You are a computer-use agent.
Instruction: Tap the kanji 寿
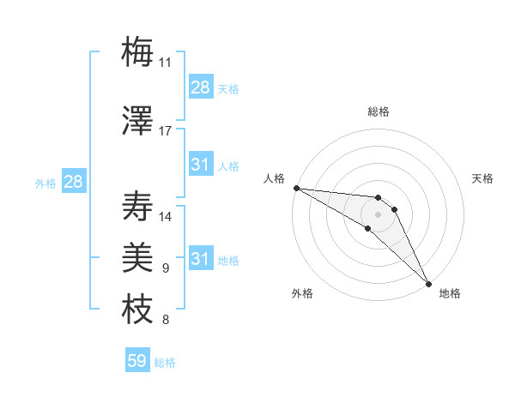pyautogui.click(x=137, y=207)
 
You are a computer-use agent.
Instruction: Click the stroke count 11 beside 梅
pyautogui.click(x=166, y=63)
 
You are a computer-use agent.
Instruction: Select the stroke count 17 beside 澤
pyautogui.click(x=166, y=131)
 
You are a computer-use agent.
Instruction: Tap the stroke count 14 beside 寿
pyautogui.click(x=166, y=217)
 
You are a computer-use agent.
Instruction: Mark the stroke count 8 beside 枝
pyautogui.click(x=166, y=321)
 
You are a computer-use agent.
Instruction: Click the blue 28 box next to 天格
pyautogui.click(x=200, y=87)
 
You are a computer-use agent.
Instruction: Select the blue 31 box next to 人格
pyautogui.click(x=200, y=165)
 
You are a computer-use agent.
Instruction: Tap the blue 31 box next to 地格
pyautogui.click(x=200, y=259)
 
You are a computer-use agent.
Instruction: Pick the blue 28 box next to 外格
pyautogui.click(x=72, y=182)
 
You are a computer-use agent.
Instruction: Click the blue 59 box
pyautogui.click(x=137, y=361)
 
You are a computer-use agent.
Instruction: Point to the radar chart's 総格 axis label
pyautogui.click(x=379, y=111)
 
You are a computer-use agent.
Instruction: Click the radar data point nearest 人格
pyautogui.click(x=296, y=188)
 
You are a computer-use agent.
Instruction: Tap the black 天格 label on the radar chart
pyautogui.click(x=482, y=178)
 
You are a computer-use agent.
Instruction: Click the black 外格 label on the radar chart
pyautogui.click(x=302, y=293)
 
